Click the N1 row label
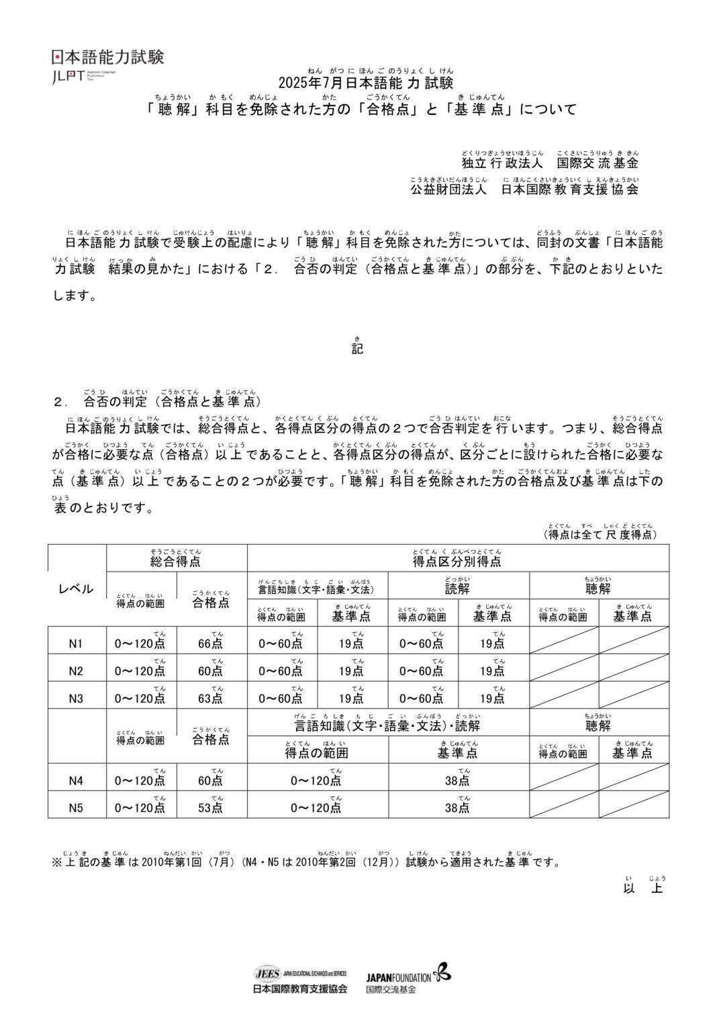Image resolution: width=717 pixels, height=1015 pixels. [x=76, y=644]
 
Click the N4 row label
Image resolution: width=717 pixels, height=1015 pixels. [x=76, y=781]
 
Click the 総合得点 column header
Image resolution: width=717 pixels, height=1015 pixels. [x=175, y=561]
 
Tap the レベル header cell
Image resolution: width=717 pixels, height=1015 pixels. [x=77, y=589]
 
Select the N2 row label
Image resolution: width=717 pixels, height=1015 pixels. [x=76, y=671]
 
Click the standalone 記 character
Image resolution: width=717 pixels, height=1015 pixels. [x=358, y=349]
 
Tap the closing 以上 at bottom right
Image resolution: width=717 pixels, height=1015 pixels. [x=644, y=889]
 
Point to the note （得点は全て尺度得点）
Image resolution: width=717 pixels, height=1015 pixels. [x=600, y=535]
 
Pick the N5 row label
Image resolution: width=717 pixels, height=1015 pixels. [x=76, y=808]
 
